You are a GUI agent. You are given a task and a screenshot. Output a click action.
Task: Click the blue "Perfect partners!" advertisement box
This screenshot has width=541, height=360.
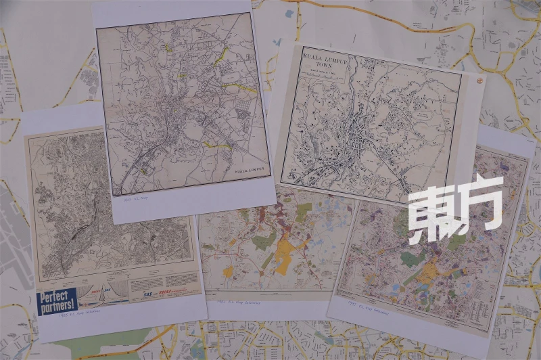coord(57,300)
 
